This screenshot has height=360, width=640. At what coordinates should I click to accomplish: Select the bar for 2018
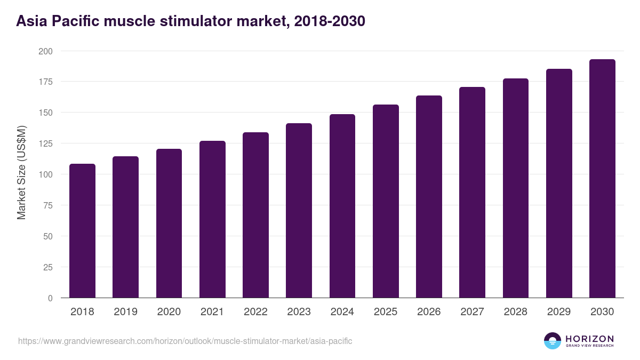coord(82,231)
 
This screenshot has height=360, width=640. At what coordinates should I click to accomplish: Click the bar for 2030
coord(602,179)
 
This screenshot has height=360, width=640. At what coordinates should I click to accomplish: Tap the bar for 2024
coord(342,206)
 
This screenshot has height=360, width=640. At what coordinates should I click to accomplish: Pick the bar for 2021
coord(212,219)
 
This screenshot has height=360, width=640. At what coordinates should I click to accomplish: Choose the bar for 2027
coord(472,193)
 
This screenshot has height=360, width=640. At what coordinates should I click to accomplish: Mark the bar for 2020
coord(169,223)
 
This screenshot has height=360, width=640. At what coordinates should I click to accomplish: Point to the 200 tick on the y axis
coord(46,51)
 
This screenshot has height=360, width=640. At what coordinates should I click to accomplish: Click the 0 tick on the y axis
coord(50,298)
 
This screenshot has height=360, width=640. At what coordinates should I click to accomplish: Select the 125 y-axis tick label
coord(46,143)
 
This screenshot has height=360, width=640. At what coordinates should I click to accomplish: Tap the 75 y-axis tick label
coord(48,205)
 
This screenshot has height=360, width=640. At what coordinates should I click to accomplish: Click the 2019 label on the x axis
coord(125,312)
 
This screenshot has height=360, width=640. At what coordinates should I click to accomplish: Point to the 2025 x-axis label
coord(385,312)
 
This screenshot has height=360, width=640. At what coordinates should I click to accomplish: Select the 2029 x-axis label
coord(558,312)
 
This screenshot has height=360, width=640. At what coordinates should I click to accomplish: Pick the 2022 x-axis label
coord(255,312)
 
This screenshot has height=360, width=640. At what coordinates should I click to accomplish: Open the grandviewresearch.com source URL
coord(185,341)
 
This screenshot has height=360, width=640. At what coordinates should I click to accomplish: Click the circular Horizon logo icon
coord(553,341)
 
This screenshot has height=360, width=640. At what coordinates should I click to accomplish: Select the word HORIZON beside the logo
coord(589,338)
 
